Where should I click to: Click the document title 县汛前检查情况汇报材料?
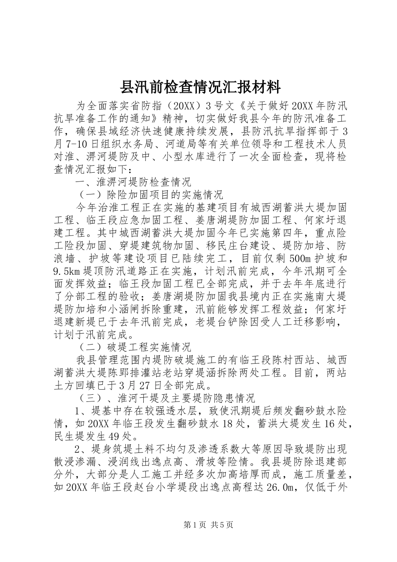coord(200,88)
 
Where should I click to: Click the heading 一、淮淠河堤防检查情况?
coord(132,182)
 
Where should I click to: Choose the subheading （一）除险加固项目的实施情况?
coord(148,195)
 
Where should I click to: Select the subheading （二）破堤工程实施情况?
coord(132,347)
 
